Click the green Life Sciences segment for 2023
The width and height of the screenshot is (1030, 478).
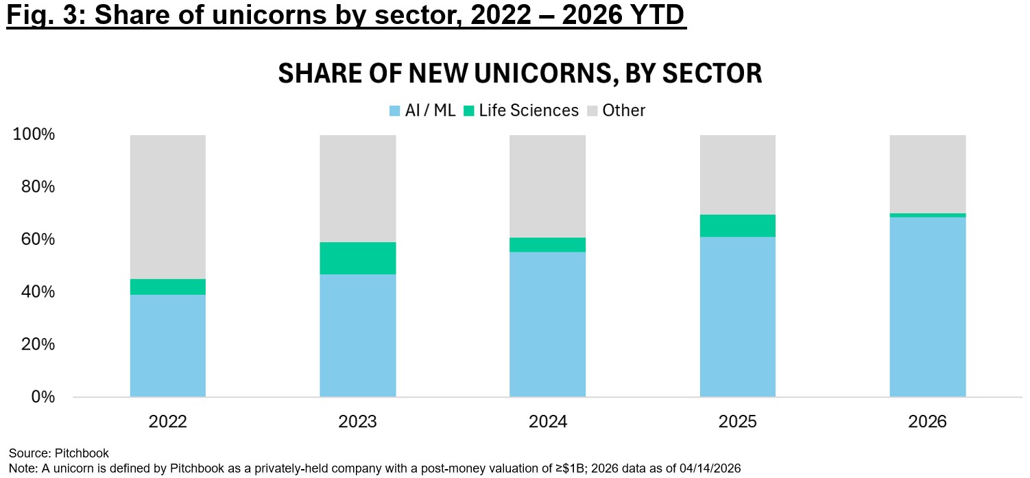pos(358,258)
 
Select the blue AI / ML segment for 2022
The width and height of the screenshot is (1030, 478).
pos(168,346)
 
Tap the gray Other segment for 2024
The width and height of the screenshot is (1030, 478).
pos(547,186)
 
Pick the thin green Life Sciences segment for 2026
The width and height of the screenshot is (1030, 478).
pos(928,215)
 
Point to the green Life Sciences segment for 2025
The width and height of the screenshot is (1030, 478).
pos(738,226)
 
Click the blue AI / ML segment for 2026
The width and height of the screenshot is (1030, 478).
pos(928,307)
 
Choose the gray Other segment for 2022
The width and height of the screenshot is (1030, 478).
pos(168,206)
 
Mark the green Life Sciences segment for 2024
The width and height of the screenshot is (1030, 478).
pos(547,245)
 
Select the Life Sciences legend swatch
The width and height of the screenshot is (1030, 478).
pos(470,110)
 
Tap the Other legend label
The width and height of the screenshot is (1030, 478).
pos(623,110)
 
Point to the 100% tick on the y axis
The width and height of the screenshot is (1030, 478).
pos(34,134)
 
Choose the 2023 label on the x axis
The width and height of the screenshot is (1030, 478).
pos(358,421)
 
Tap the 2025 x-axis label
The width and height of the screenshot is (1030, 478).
pos(738,421)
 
